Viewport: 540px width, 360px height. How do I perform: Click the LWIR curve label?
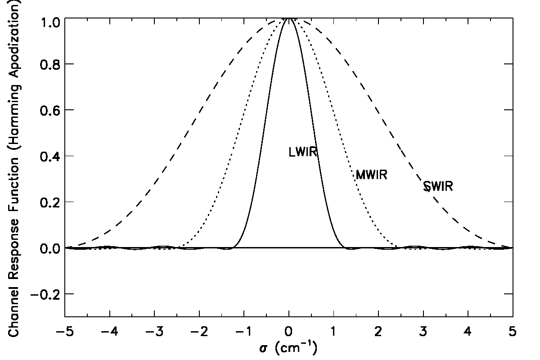[x=303, y=153]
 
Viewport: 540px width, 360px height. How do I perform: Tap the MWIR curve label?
[x=371, y=175]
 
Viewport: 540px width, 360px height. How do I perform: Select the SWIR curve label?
[x=438, y=186]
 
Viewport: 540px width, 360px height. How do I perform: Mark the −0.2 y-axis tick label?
[x=41, y=294]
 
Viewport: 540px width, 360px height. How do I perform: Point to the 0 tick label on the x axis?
[x=289, y=333]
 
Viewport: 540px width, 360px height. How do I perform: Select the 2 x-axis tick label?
[x=378, y=333]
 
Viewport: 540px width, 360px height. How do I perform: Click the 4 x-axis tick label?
[x=468, y=333]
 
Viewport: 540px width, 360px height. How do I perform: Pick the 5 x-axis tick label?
[x=513, y=333]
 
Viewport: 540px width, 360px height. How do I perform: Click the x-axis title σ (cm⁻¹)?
[x=288, y=349]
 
